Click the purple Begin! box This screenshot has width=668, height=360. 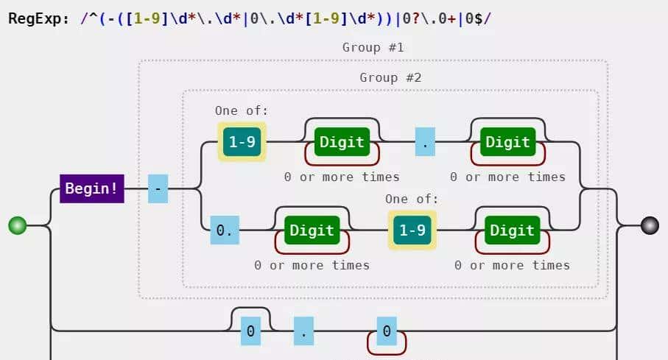91,188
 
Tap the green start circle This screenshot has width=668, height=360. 18,225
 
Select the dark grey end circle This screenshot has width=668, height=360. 650,225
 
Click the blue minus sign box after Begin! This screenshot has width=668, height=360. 158,188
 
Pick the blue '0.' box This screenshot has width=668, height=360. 224,230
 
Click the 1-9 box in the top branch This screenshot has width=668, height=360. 242,142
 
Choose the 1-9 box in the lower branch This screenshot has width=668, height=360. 412,230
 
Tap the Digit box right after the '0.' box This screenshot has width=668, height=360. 312,230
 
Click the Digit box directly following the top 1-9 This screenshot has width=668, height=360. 342,141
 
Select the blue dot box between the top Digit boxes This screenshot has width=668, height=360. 425,141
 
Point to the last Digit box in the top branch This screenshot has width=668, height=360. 508,141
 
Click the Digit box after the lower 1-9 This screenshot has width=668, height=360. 512,230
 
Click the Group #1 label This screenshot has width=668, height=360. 373,47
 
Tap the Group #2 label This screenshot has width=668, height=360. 390,77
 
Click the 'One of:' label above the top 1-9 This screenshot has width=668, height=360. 242,110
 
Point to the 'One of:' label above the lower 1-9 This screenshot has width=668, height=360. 412,199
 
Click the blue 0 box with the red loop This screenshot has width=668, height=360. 387,331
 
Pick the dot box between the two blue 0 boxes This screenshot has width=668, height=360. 304,331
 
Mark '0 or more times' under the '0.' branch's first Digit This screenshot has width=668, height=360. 312,264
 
